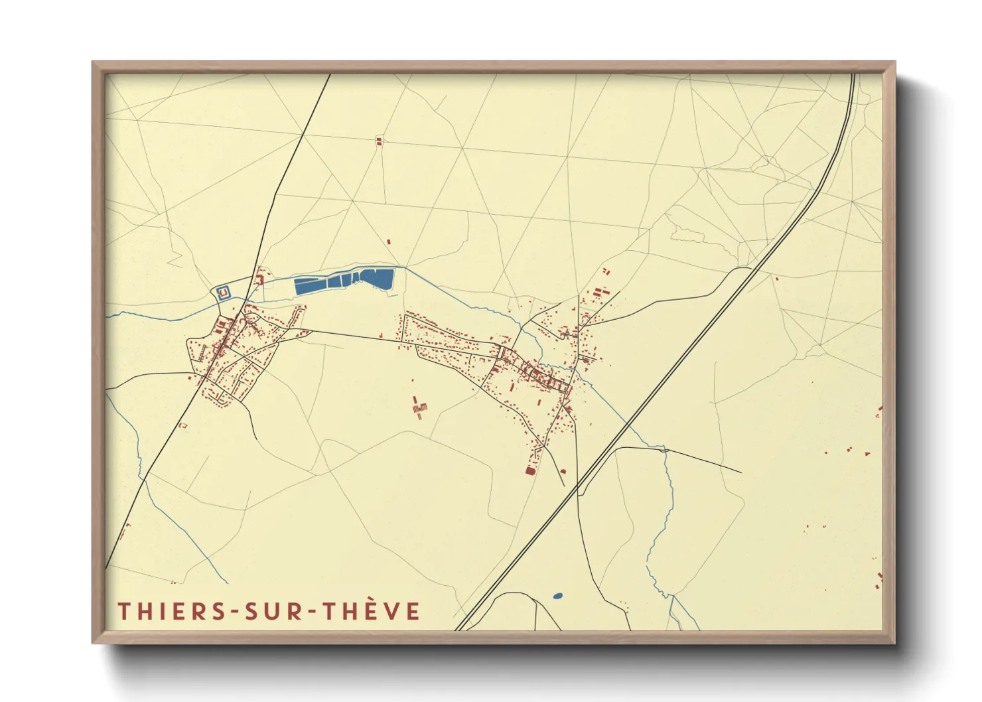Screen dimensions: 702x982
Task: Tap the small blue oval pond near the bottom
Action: (557, 596)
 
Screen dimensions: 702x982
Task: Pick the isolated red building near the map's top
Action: (380, 141)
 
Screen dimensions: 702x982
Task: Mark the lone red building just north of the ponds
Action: (389, 242)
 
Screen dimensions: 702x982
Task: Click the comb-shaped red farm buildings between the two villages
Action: (419, 408)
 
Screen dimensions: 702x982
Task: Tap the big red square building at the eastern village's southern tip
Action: (529, 470)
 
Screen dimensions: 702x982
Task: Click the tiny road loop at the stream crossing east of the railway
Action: (664, 449)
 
